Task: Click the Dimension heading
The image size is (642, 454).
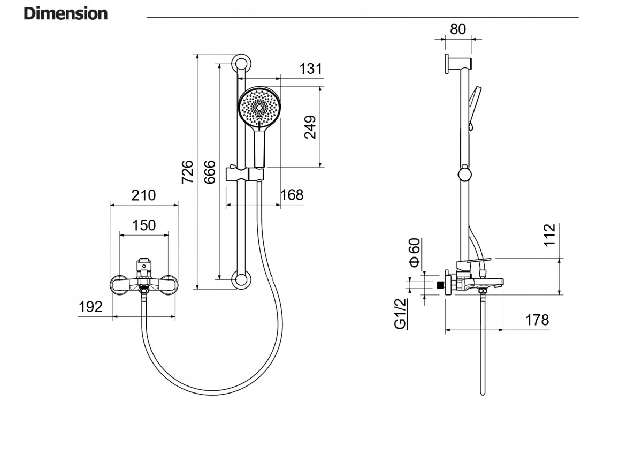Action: point(65,13)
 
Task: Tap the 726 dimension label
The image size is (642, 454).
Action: point(187,171)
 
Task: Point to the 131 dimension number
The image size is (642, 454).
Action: point(310,69)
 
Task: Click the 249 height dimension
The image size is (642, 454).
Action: point(310,127)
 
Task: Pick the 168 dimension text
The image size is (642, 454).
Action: point(292,195)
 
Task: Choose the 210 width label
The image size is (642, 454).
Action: point(143,195)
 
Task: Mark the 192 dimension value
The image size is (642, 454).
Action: point(90,307)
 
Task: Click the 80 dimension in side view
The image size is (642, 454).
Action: point(458,29)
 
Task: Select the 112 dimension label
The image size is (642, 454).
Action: point(549,236)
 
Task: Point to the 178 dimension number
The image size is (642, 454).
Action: point(537,320)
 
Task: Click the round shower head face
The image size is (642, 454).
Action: point(259,108)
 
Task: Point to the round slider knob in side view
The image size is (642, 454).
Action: point(465,175)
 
